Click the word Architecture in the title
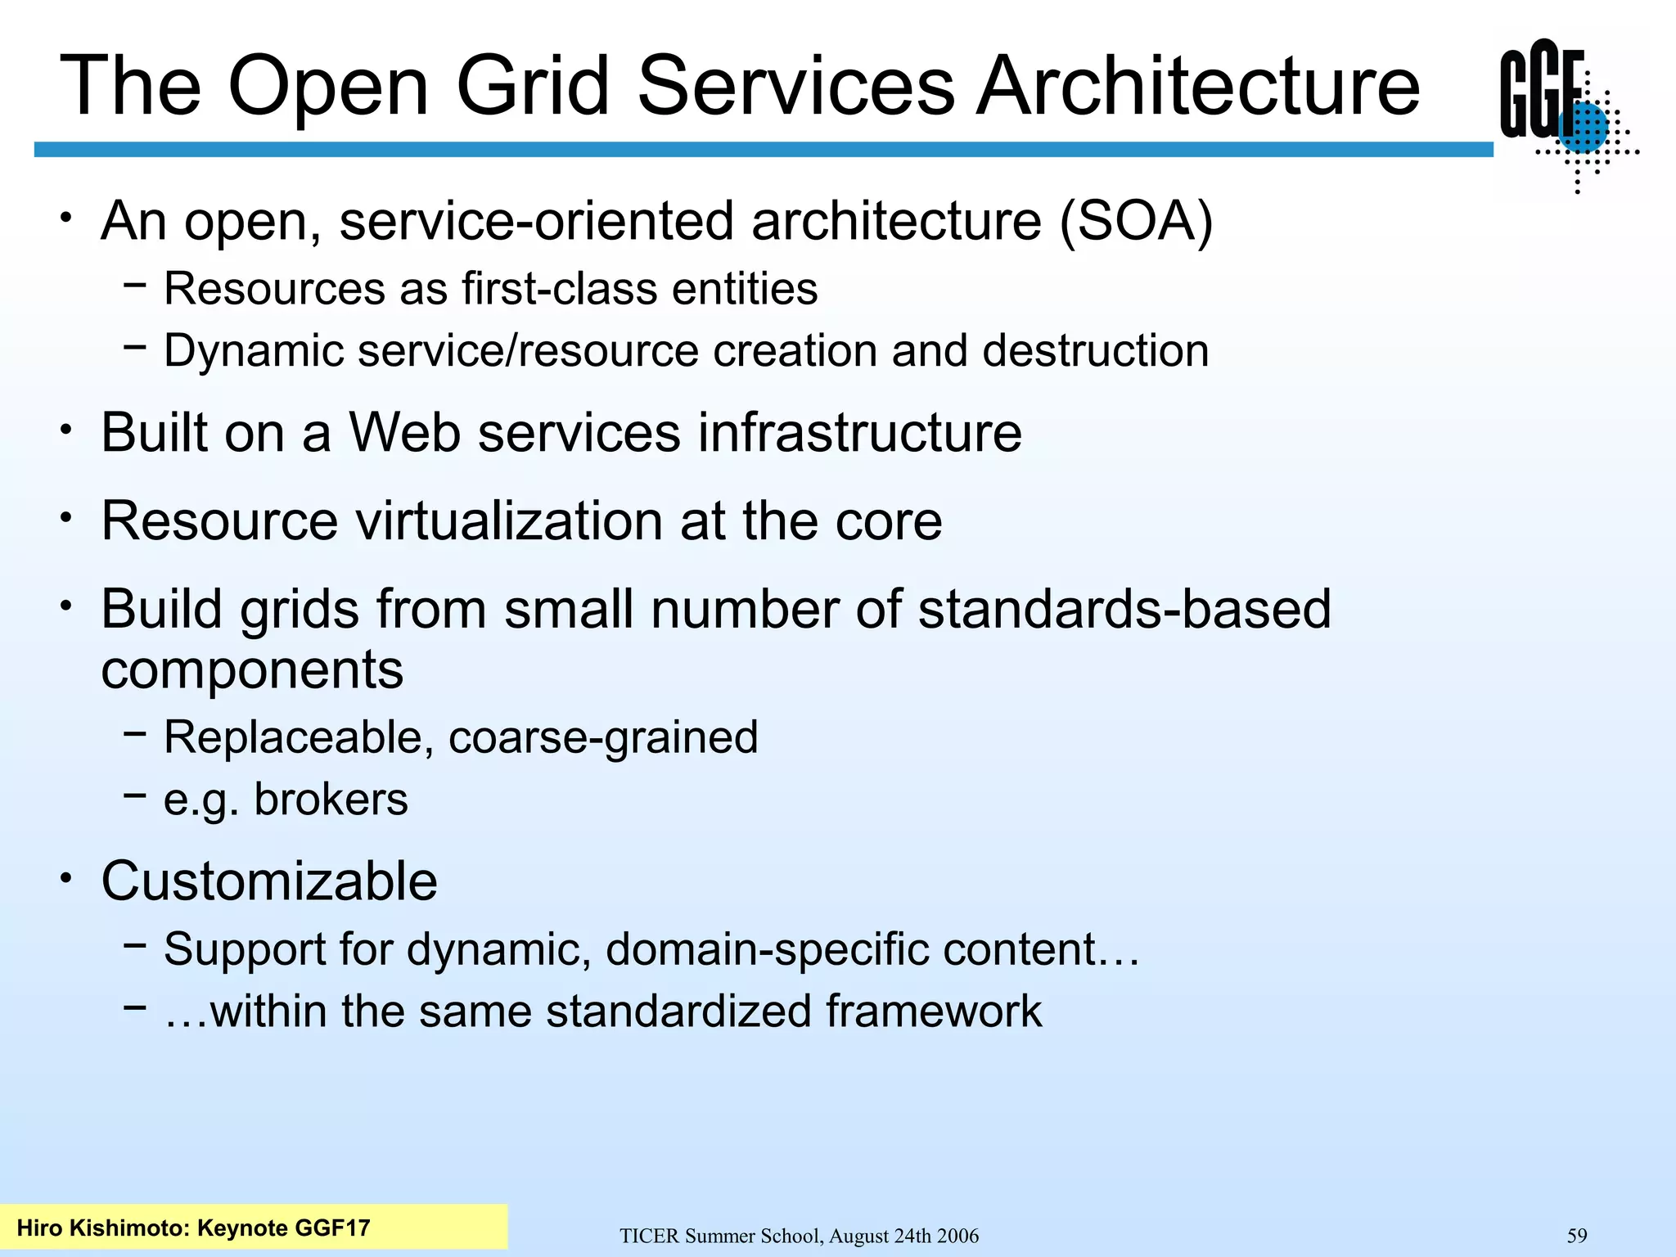[x=1198, y=86]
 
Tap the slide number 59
[x=1576, y=1236]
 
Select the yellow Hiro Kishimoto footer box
[x=254, y=1227]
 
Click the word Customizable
[x=269, y=881]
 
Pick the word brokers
[x=331, y=800]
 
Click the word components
[x=252, y=670]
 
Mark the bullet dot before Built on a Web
[x=66, y=429]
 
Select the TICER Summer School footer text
[x=799, y=1236]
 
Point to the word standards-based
[x=1124, y=610]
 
